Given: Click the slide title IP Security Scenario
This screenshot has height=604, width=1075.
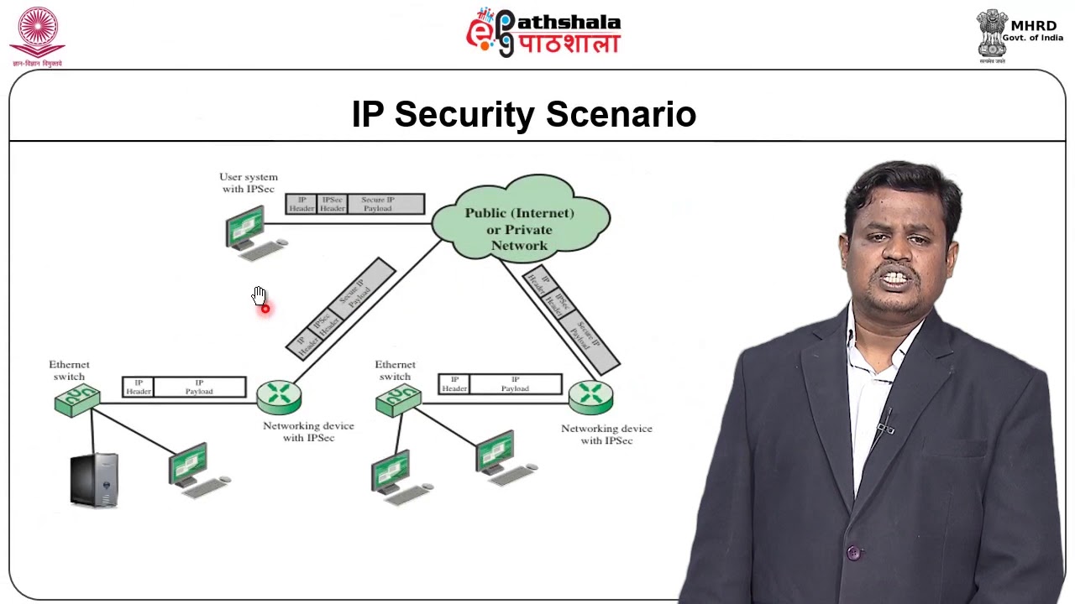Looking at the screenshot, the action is click(x=523, y=115).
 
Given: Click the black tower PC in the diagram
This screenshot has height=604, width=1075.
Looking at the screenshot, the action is click(x=94, y=480).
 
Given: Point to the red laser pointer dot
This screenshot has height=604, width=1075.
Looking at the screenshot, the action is click(x=265, y=309).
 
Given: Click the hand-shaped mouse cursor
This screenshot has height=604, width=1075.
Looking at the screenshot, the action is click(x=259, y=295).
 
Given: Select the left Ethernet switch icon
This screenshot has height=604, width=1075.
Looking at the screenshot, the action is click(x=76, y=400).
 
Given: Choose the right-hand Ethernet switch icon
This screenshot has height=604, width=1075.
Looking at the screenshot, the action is click(x=398, y=400).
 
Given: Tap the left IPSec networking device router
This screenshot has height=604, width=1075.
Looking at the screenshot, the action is click(x=279, y=397).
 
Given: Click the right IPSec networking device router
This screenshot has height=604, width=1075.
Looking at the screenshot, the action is click(x=590, y=397).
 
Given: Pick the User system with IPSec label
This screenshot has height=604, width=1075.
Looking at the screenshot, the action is click(x=248, y=183).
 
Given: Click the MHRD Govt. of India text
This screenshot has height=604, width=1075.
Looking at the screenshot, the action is click(x=1033, y=31).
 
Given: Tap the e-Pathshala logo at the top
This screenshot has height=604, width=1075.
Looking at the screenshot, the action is click(x=543, y=33).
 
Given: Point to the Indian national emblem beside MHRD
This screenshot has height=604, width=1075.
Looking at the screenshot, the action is click(x=992, y=34).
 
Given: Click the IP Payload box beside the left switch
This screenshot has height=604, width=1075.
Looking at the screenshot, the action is click(x=200, y=387).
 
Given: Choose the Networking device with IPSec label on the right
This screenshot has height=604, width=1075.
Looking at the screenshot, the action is click(x=606, y=434).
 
